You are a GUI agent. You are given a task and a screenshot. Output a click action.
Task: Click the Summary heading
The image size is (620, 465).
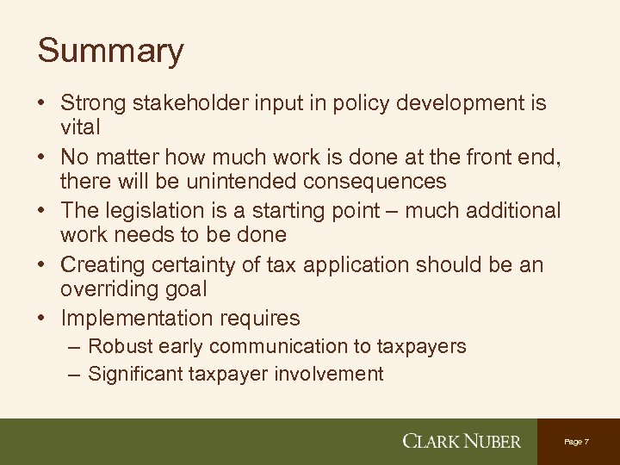[110, 51]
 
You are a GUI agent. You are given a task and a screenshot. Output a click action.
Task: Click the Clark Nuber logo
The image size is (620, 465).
[462, 442]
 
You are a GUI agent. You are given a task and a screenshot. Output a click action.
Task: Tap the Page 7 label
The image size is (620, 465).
[577, 441]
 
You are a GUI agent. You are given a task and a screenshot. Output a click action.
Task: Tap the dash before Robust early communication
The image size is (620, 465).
[73, 348]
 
